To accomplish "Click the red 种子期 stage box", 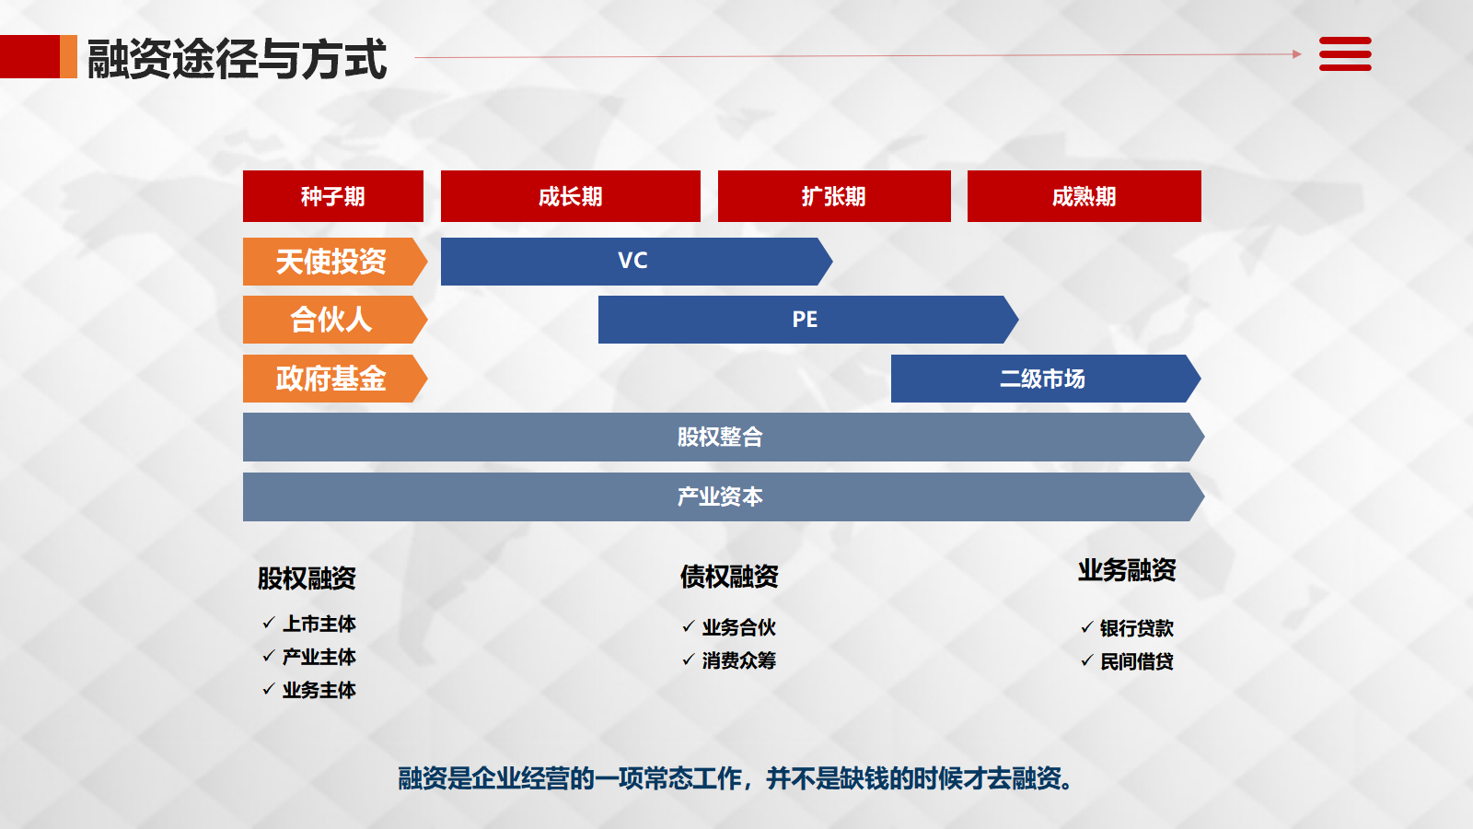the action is (x=332, y=196).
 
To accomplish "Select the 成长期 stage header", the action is (x=570, y=196).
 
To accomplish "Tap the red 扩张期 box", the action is (x=834, y=196).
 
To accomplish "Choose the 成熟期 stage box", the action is (x=1084, y=196).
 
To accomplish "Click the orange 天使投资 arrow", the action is (x=335, y=262).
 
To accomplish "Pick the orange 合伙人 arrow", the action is (x=335, y=320).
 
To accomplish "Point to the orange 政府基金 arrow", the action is (x=335, y=379).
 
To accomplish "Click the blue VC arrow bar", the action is (x=636, y=262).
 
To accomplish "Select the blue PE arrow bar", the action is (x=808, y=320).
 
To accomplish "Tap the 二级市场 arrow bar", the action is (x=1046, y=379).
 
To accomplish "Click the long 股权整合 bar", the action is (x=724, y=437).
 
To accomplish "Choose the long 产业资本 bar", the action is (x=724, y=496).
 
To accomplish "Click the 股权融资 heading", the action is (x=307, y=578).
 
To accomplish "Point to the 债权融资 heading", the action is (x=729, y=577).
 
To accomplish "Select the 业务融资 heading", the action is (x=1127, y=570).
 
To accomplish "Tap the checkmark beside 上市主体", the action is (x=268, y=623).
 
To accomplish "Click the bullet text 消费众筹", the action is (x=739, y=660).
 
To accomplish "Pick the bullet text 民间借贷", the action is (x=1137, y=661).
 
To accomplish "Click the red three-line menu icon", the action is (x=1345, y=54).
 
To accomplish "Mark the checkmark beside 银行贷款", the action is (x=1087, y=627).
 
